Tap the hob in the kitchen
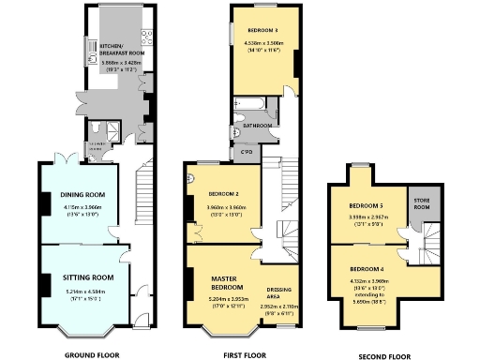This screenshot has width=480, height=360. [x=146, y=37]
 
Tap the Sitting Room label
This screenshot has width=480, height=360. [x=89, y=277]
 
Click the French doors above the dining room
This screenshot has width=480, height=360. [x=64, y=160]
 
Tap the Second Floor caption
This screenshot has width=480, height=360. [x=385, y=356]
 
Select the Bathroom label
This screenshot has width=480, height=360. [x=257, y=125]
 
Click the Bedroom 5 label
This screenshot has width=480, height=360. [x=367, y=205]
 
